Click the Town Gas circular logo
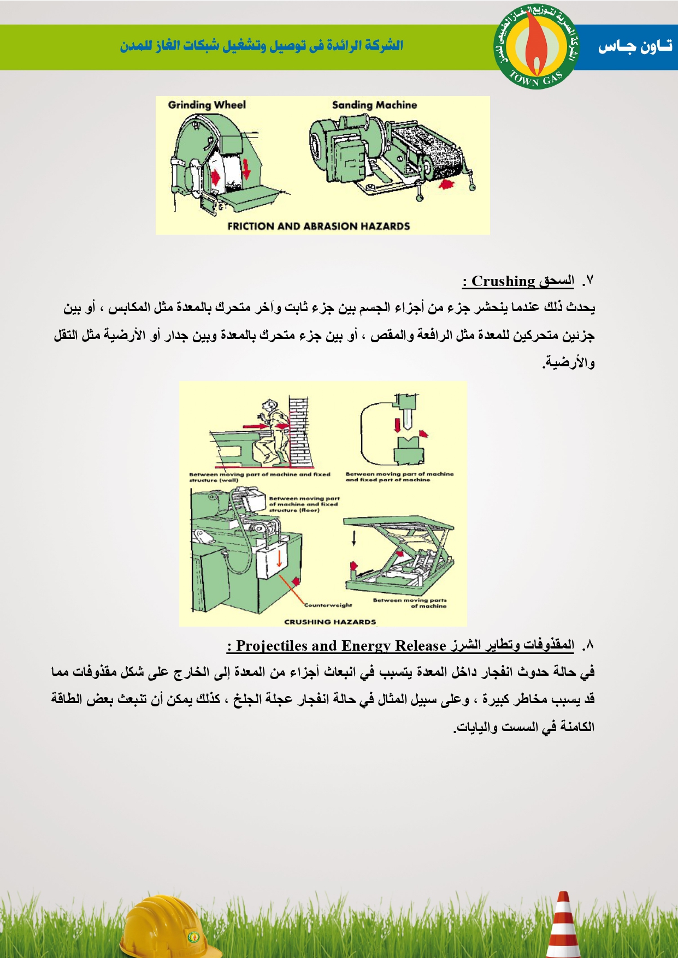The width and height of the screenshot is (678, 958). point(536,47)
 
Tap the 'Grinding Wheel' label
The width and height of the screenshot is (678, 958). point(207,105)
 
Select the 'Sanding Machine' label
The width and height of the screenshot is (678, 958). point(374,105)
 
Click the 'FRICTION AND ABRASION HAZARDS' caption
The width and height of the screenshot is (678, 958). point(319,226)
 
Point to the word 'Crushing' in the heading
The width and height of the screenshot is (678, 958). point(503,281)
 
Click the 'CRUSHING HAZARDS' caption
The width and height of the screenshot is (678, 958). point(330,621)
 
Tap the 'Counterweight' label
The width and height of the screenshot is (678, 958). point(328,605)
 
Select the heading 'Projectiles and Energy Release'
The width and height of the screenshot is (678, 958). point(341,646)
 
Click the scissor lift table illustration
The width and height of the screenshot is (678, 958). point(399,554)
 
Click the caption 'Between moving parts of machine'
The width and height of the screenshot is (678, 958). point(410,603)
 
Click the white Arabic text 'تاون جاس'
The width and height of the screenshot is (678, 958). point(635,47)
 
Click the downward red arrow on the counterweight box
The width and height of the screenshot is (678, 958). point(279,558)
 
